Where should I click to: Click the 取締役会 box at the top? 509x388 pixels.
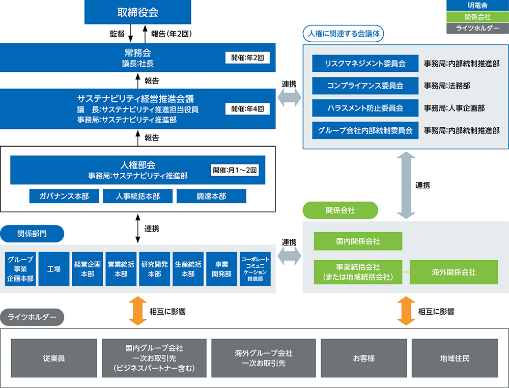coord(137,12)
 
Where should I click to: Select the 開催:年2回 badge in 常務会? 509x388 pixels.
coord(247,58)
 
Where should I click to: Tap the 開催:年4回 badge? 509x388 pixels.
coord(247,109)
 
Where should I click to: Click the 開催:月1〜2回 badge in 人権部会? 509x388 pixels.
coord(235,170)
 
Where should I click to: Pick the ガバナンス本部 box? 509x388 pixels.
coord(64,196)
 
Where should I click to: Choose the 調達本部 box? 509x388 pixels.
coord(211,196)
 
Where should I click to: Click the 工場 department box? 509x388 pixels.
coord(54,269)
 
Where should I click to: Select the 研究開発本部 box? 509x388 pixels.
coord(155,269)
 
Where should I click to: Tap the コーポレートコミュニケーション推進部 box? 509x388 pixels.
coord(255,269)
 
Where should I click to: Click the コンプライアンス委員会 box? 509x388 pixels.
coord(365,86)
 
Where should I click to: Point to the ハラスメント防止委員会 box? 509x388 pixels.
coord(365,108)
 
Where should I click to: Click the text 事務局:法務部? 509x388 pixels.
coord(447,86)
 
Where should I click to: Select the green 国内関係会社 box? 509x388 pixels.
coord(358,241)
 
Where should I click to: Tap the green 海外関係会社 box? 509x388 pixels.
coord(454,272)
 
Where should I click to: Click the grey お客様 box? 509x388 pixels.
coord(363,358)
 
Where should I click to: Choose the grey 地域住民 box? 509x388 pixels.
coord(455,358)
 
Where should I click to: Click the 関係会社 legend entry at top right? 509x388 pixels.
coord(477,17)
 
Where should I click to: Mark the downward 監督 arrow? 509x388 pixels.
coord(130,34)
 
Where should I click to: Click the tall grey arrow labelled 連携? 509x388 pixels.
coord(406,185)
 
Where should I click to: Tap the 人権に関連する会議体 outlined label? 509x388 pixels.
coord(344,34)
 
